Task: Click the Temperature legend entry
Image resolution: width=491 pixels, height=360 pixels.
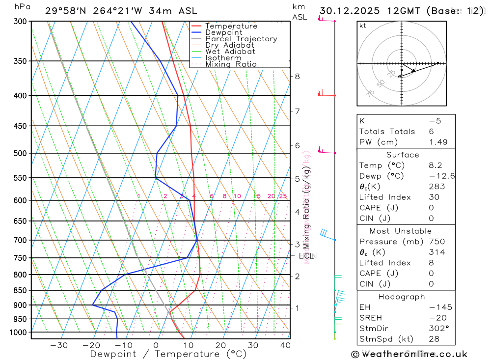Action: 231,26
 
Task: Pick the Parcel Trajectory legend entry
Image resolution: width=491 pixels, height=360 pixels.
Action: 241,39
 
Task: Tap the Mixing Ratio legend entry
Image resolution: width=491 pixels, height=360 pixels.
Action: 231,64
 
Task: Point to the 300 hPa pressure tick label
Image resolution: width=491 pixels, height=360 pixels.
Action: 20,21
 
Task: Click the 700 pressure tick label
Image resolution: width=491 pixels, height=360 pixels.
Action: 20,240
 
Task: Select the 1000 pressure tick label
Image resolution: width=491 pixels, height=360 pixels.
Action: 18,332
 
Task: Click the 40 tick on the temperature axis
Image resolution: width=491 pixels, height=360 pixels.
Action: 285,345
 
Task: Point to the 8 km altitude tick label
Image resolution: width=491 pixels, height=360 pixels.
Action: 297,76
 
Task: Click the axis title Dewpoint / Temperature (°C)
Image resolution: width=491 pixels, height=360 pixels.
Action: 168,354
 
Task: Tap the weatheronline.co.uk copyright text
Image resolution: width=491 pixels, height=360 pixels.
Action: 409,354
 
